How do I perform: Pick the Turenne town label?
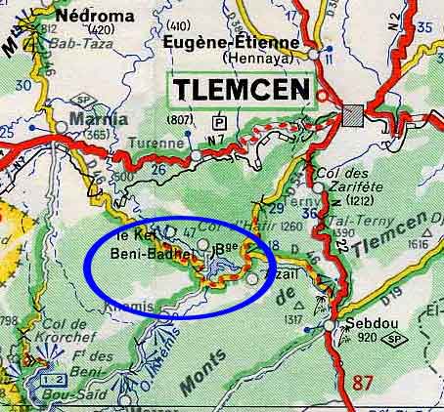pos(159,143)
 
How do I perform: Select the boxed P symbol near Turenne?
pos(219,122)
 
